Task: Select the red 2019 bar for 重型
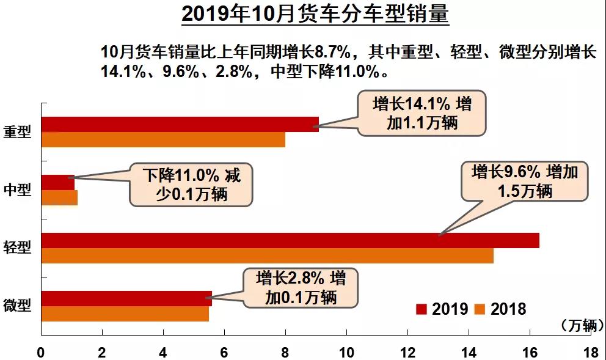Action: [180, 124]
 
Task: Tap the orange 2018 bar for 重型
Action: [163, 139]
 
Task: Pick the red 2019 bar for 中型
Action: [57, 182]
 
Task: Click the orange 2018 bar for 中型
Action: [59, 197]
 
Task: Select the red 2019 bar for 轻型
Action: [290, 240]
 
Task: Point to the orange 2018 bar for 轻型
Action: [267, 255]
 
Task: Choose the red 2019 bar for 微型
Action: [126, 298]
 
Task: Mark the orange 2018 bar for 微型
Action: [125, 314]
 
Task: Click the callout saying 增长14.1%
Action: [422, 113]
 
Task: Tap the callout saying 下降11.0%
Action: [191, 185]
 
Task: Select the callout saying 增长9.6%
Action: [524, 181]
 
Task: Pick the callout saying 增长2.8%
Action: [301, 288]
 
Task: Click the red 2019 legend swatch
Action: [422, 309]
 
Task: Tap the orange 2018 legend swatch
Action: [480, 309]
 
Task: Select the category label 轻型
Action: [16, 247]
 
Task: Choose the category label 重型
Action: [16, 131]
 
